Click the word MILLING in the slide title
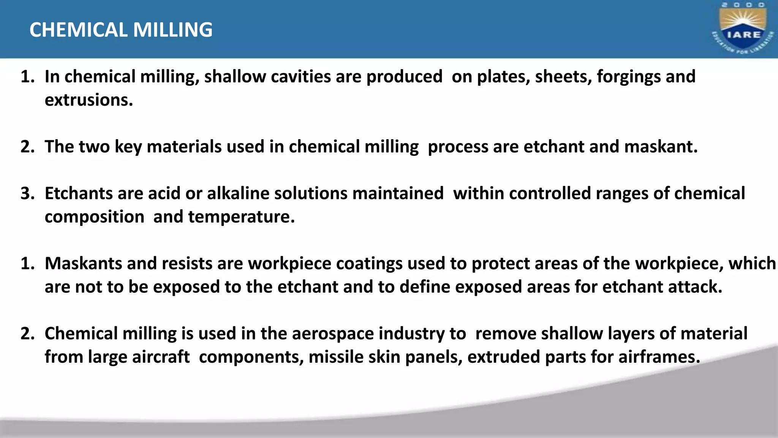173,30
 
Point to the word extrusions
89,100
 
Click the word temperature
241,217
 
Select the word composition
94,217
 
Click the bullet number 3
27,193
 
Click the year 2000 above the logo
743,5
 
